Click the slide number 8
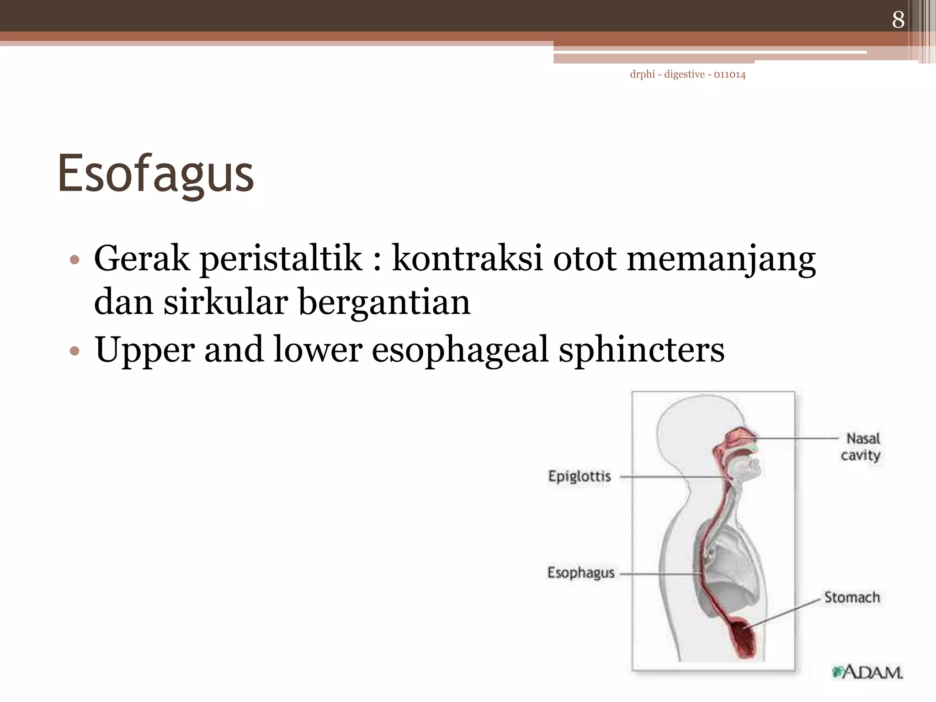click(898, 20)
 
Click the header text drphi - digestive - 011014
click(687, 74)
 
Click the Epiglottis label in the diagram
click(580, 477)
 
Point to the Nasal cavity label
click(861, 447)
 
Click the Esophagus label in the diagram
click(581, 573)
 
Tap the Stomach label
click(852, 597)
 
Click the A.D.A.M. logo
click(867, 672)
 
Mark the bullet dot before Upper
click(74, 351)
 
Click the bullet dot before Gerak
click(74, 261)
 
